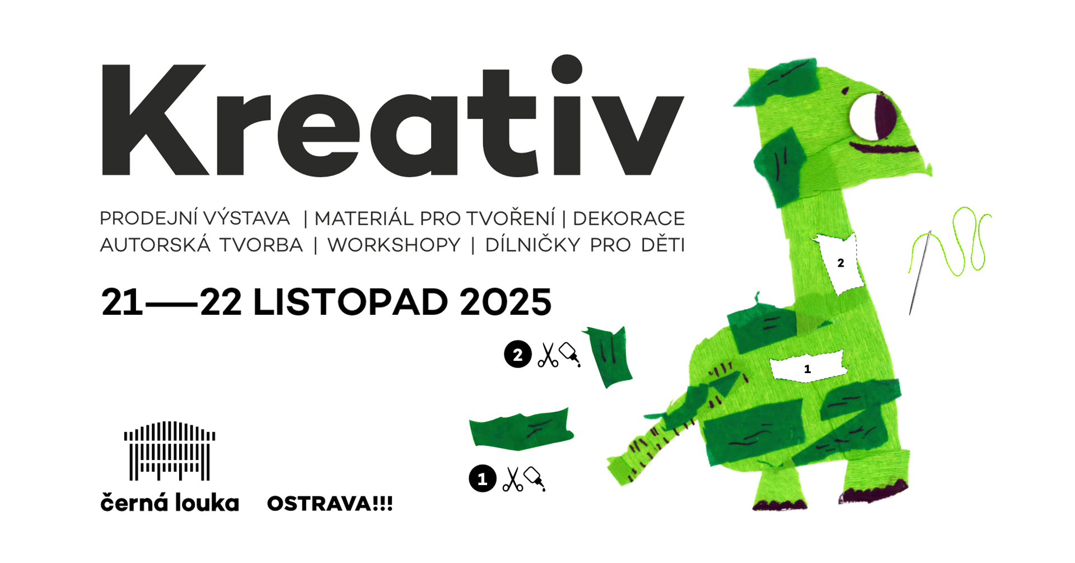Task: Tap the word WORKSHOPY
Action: (x=394, y=245)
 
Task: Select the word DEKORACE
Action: (x=629, y=218)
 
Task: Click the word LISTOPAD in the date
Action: (x=351, y=303)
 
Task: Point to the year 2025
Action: (x=506, y=303)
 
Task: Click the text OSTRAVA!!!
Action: (x=330, y=504)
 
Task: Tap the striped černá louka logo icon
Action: (x=170, y=451)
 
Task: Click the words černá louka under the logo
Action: (x=170, y=502)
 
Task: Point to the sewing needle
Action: (x=919, y=273)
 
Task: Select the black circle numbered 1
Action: (x=483, y=479)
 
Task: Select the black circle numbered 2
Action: (x=518, y=354)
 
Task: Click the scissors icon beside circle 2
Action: (x=548, y=355)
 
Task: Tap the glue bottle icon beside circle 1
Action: (x=535, y=478)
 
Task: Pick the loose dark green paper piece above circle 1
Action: (x=521, y=430)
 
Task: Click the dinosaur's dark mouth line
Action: (x=884, y=148)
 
